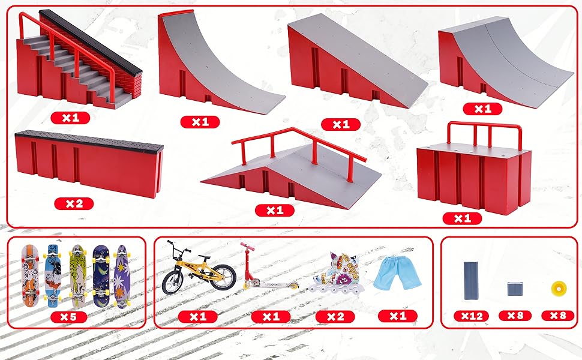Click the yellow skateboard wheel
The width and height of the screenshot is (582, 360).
[557, 289]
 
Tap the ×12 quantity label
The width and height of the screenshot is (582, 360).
[471, 316]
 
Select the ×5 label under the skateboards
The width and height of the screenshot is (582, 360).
[71, 316]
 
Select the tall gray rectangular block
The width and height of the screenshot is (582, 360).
[471, 279]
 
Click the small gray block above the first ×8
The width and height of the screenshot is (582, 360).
[515, 289]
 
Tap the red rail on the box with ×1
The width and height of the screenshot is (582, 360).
[484, 127]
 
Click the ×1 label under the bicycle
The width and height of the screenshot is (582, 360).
[198, 316]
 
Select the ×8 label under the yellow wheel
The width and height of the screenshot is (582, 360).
[557, 316]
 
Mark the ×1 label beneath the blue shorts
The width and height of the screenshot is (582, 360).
[397, 316]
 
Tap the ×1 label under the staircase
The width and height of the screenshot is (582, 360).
[70, 118]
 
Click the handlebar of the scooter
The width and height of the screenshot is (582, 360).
[247, 245]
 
